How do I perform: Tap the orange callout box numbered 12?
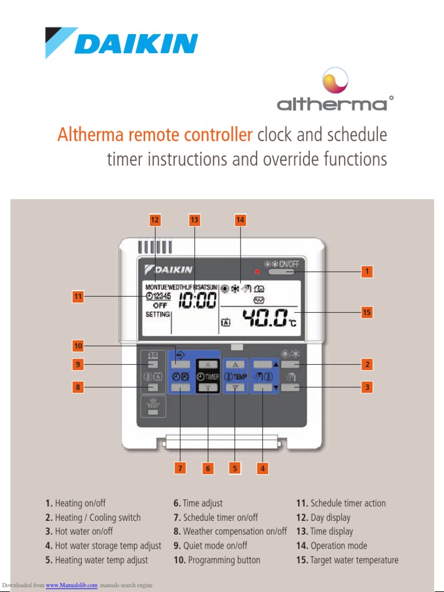tap(154, 220)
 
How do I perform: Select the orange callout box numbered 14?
tap(240, 220)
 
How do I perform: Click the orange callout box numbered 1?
tap(366, 271)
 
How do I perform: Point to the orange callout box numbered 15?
tap(366, 312)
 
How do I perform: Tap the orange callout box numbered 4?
tap(262, 468)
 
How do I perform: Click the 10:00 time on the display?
tap(198, 300)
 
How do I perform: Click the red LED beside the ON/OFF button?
tap(258, 272)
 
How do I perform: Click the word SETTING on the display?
tap(157, 314)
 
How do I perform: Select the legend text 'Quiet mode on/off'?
tap(214, 546)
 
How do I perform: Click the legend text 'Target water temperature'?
tap(354, 560)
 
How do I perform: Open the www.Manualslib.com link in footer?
tap(72, 586)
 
